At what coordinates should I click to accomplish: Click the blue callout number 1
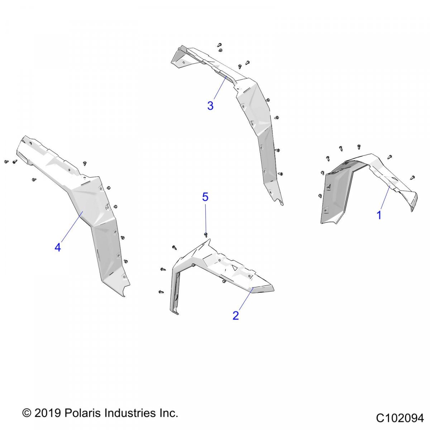coord(379,215)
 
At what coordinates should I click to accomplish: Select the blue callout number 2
coord(236,316)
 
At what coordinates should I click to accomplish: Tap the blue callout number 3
coord(210,106)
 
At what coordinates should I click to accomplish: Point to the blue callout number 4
coord(58,248)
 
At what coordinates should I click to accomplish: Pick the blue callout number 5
coord(205,197)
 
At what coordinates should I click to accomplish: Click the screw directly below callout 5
coord(206,234)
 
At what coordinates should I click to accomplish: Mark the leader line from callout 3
coord(220,87)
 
